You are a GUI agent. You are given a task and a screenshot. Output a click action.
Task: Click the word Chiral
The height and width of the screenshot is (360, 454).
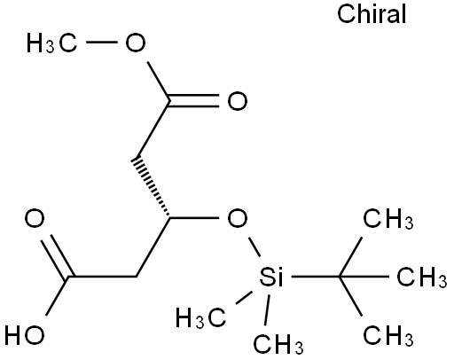(372, 14)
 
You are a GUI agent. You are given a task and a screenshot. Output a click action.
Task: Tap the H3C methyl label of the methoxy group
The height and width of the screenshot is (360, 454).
(52, 43)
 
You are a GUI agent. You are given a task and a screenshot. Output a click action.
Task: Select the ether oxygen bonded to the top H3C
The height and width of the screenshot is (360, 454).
(136, 43)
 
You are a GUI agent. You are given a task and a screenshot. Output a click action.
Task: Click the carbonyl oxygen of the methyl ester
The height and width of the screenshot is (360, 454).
(238, 101)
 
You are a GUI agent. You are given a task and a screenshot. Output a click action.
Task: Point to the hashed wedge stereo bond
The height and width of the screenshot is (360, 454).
(151, 188)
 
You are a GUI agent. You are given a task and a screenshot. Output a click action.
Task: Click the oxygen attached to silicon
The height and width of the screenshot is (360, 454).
(238, 218)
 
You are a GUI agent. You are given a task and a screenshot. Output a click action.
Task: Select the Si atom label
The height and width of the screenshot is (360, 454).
(271, 277)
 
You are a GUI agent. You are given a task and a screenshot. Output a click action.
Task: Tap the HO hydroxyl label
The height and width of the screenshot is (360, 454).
(25, 335)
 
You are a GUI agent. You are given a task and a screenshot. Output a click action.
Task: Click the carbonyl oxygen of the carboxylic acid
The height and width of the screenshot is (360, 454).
(35, 218)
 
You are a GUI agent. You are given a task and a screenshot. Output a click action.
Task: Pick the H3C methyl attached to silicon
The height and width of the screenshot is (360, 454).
(201, 318)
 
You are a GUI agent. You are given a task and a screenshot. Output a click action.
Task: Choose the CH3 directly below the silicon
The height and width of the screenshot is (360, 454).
(278, 344)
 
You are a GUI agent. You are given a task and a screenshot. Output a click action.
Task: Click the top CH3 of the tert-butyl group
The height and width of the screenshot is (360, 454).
(388, 219)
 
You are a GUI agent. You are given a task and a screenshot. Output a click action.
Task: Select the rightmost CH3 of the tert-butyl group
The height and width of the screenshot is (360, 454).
(422, 277)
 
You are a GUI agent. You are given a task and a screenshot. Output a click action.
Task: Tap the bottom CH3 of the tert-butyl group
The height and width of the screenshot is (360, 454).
(388, 335)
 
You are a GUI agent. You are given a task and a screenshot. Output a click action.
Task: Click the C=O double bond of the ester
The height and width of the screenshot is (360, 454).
(194, 101)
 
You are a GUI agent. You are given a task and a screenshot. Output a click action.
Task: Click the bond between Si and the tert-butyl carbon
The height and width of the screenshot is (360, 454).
(315, 277)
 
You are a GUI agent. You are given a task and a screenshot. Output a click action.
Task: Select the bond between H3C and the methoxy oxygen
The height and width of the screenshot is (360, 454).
(102, 43)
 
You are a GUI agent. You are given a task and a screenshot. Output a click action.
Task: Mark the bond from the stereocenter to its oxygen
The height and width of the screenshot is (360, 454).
(194, 218)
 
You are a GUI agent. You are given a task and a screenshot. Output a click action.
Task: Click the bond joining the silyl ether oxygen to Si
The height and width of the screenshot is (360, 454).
(254, 247)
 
